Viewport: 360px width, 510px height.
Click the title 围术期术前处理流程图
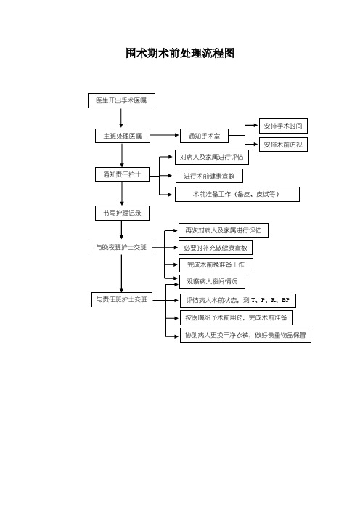(180, 53)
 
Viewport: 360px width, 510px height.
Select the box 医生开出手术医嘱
(121, 100)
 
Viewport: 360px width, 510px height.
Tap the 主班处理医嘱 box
(123, 136)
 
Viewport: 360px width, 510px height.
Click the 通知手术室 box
(204, 136)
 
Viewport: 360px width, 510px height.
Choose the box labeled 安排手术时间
(283, 126)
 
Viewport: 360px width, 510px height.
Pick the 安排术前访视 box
(283, 145)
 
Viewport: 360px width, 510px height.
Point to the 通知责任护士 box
(122, 174)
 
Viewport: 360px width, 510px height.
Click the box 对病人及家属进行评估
(211, 157)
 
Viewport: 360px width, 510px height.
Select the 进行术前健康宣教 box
(209, 176)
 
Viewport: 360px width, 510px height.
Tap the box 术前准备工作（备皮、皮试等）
(237, 194)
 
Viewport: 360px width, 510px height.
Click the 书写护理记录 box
(122, 213)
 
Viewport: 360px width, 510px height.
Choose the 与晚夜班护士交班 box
(121, 247)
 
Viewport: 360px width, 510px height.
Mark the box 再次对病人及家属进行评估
(224, 230)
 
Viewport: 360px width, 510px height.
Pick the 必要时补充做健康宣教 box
(216, 248)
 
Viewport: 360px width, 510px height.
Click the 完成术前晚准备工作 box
(216, 264)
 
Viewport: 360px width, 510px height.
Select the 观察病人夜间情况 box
(212, 281)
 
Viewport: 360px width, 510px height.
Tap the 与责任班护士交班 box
(122, 299)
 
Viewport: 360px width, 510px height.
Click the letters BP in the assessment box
(285, 300)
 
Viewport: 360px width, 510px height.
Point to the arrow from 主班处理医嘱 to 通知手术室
(165, 135)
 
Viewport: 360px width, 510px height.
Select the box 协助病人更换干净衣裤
(245, 335)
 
